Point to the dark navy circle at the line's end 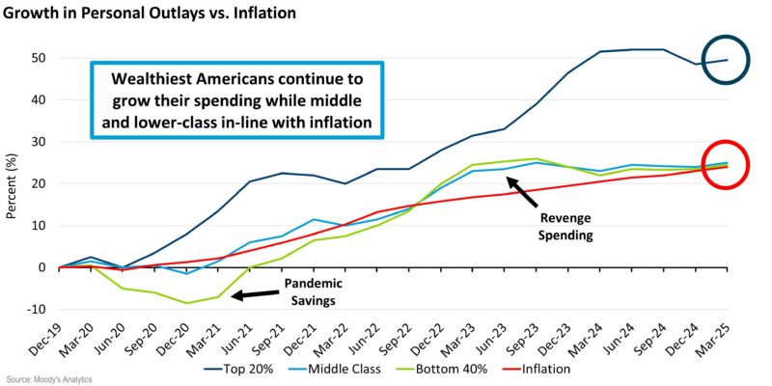coord(724,60)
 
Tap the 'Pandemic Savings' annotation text coord(314,293)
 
